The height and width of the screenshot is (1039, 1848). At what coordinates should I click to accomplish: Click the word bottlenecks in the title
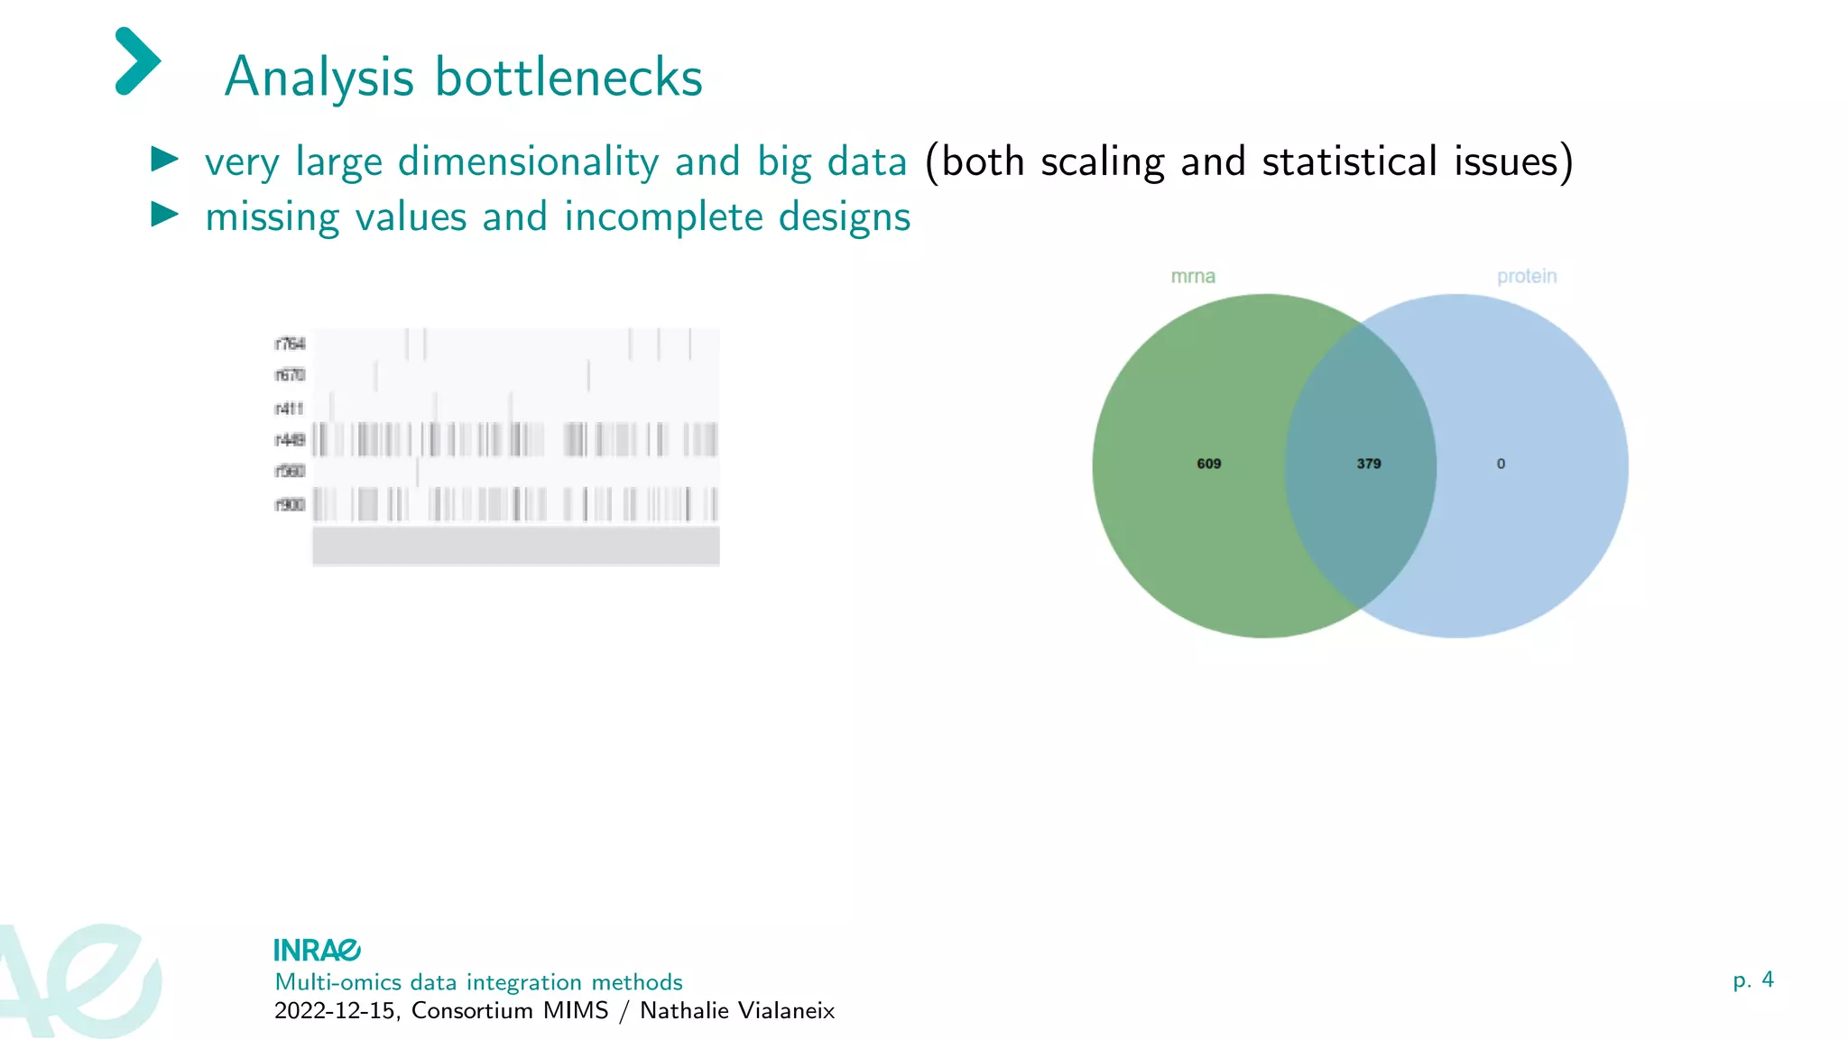click(x=568, y=78)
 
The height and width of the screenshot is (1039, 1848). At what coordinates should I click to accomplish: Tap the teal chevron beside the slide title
click(x=138, y=61)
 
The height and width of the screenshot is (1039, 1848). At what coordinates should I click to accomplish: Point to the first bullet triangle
click(x=164, y=160)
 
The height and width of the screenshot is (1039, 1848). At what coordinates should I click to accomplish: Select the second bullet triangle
click(x=164, y=215)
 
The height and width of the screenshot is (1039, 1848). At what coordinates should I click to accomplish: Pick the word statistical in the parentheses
click(x=1349, y=162)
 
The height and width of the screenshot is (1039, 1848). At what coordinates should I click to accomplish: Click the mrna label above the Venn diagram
click(x=1193, y=277)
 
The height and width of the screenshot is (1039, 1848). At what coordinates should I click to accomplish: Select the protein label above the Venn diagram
click(x=1527, y=277)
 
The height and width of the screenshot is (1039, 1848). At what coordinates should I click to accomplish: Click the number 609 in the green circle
click(x=1209, y=464)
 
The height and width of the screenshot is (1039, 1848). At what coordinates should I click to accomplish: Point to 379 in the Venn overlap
click(x=1369, y=464)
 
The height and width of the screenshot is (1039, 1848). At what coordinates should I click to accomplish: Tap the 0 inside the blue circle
click(x=1501, y=464)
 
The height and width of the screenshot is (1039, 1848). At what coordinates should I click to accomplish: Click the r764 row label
click(x=290, y=344)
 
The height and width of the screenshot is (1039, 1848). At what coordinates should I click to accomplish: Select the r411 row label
click(x=290, y=409)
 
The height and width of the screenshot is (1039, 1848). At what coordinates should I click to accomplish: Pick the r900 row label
click(x=290, y=504)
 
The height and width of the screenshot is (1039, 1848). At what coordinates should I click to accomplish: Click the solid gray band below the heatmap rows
click(x=516, y=546)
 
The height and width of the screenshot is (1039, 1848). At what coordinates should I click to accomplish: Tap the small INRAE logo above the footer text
click(x=317, y=951)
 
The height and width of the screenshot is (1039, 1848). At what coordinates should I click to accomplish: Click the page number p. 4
click(x=1753, y=980)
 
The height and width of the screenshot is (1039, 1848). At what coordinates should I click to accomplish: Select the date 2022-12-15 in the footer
click(x=335, y=1011)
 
